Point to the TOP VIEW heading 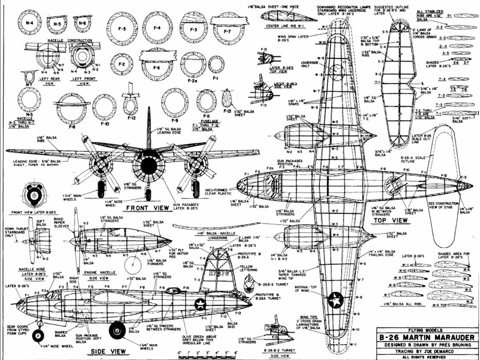(391, 219)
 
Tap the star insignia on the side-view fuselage (201, 304)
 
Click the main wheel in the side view (117, 331)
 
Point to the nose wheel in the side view (38, 335)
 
